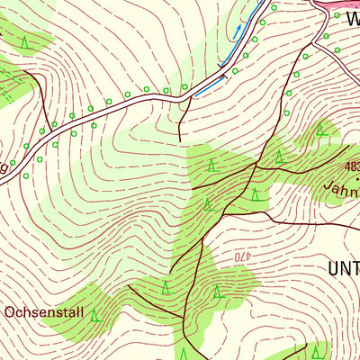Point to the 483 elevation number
click(352, 167)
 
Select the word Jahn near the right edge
click(343, 190)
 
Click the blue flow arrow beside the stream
click(238, 31)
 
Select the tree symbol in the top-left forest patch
click(24, 41)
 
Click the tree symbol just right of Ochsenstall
click(96, 314)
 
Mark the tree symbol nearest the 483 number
click(319, 130)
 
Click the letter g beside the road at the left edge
click(4, 167)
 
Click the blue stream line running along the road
click(209, 86)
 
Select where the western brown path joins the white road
click(42, 129)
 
